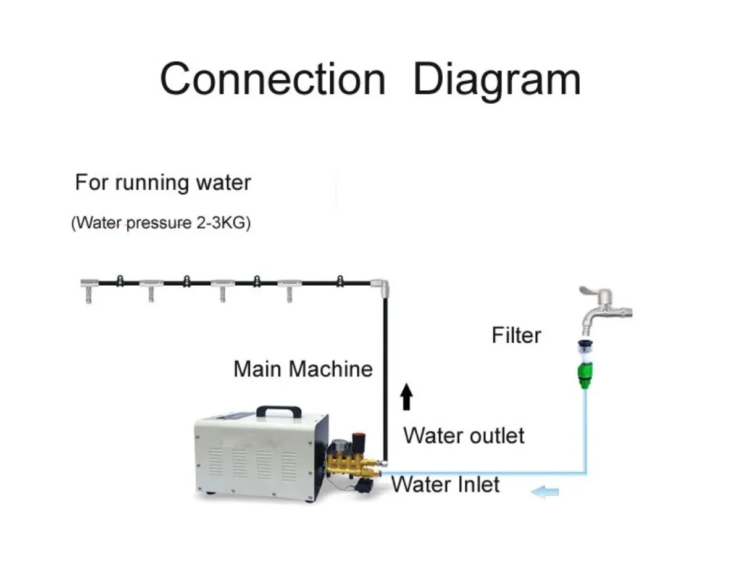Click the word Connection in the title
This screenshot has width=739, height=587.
tap(272, 80)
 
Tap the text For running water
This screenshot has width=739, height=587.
tap(163, 183)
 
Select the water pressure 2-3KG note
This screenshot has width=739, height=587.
tap(161, 223)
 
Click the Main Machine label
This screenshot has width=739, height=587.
tap(303, 369)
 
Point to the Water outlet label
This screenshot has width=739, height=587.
tap(464, 436)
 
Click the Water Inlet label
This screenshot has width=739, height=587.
tap(445, 484)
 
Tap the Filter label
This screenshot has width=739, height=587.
tap(516, 335)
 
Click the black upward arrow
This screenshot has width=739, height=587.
tap(406, 396)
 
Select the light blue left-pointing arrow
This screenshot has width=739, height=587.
tap(546, 492)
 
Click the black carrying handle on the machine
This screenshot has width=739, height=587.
tap(278, 410)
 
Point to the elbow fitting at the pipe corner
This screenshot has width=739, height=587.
tap(381, 286)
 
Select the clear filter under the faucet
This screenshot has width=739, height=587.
tap(584, 351)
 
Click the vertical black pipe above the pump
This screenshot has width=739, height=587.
tap(384, 370)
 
